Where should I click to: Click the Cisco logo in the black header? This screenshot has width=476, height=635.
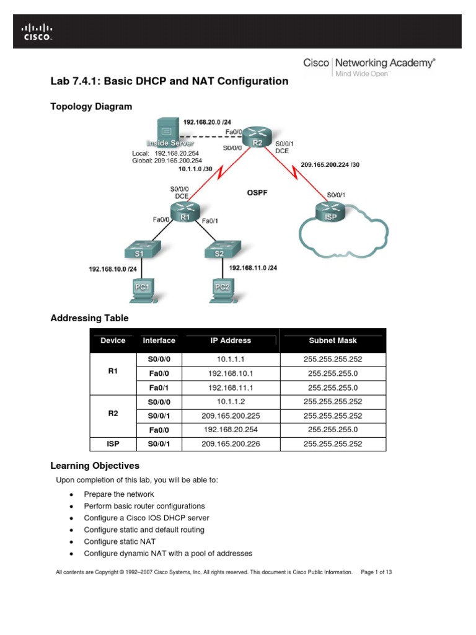point(37,32)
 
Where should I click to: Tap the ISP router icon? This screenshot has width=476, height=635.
point(328,210)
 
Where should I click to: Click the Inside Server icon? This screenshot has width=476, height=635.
point(166,133)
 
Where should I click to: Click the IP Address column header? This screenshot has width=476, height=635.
point(230,340)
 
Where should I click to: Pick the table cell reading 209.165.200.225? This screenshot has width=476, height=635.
point(230,415)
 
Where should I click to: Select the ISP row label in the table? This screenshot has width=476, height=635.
point(113,443)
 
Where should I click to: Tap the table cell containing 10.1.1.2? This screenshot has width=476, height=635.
point(230,401)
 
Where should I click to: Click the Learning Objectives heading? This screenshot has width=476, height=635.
point(94,466)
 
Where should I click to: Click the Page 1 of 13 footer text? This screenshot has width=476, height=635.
point(376,572)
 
